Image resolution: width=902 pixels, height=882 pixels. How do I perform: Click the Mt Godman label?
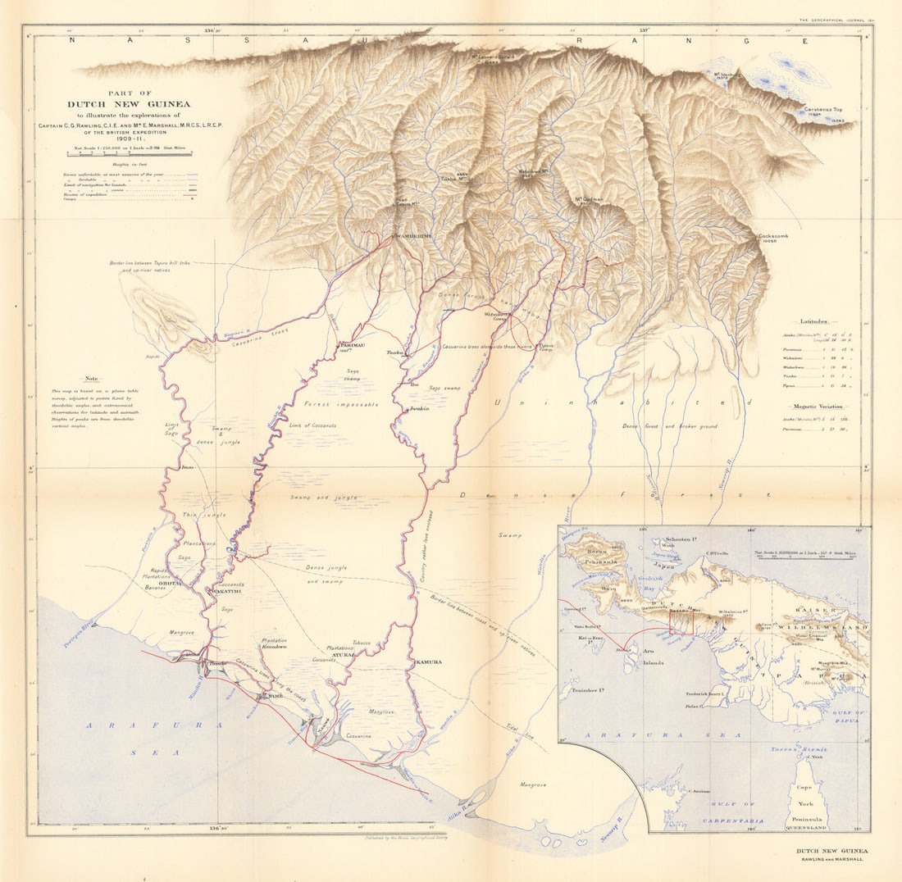coord(590,199)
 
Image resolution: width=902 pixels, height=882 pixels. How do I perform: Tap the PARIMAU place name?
coord(351,347)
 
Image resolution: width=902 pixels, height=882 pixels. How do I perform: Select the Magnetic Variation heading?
coord(817,407)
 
